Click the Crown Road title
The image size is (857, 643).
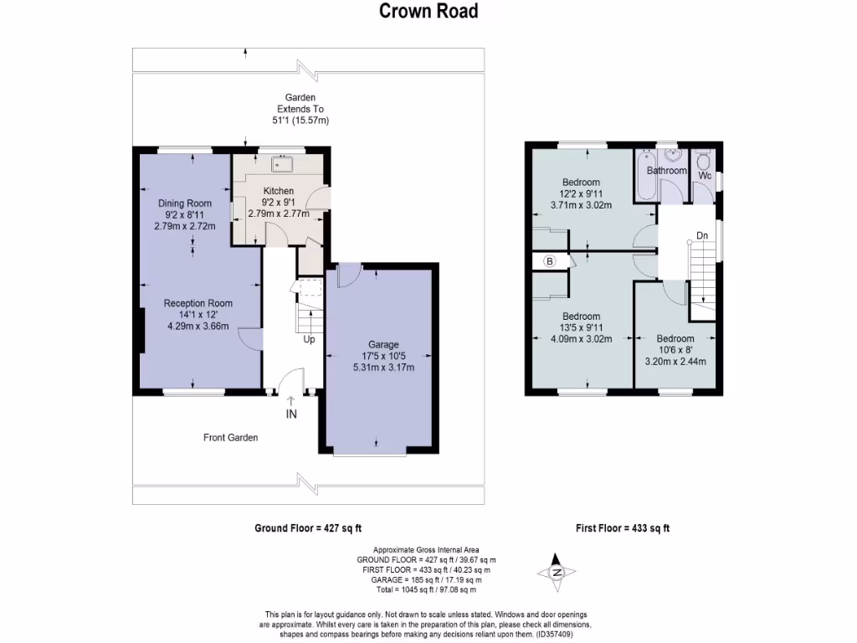pos(428,11)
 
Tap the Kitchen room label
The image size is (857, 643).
pos(279,190)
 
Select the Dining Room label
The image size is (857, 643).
pos(185,203)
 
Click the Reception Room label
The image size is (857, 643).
pos(198,303)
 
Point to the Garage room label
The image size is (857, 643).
pos(384,344)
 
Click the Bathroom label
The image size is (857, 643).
pos(666,171)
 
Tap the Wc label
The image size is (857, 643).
pos(704,176)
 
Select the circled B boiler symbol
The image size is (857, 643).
pos(550,261)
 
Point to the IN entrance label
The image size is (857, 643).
pos(290,414)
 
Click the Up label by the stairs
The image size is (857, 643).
pos(309,339)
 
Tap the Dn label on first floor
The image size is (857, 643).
pos(702,236)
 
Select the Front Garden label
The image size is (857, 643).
pos(230,437)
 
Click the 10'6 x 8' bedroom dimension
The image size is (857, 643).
pos(675,351)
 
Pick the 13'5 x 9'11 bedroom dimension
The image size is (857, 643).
pos(581,328)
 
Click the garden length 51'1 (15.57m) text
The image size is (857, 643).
pos(300,121)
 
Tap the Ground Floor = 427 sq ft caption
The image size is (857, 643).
pos(307,528)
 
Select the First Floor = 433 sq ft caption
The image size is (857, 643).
pos(623,528)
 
